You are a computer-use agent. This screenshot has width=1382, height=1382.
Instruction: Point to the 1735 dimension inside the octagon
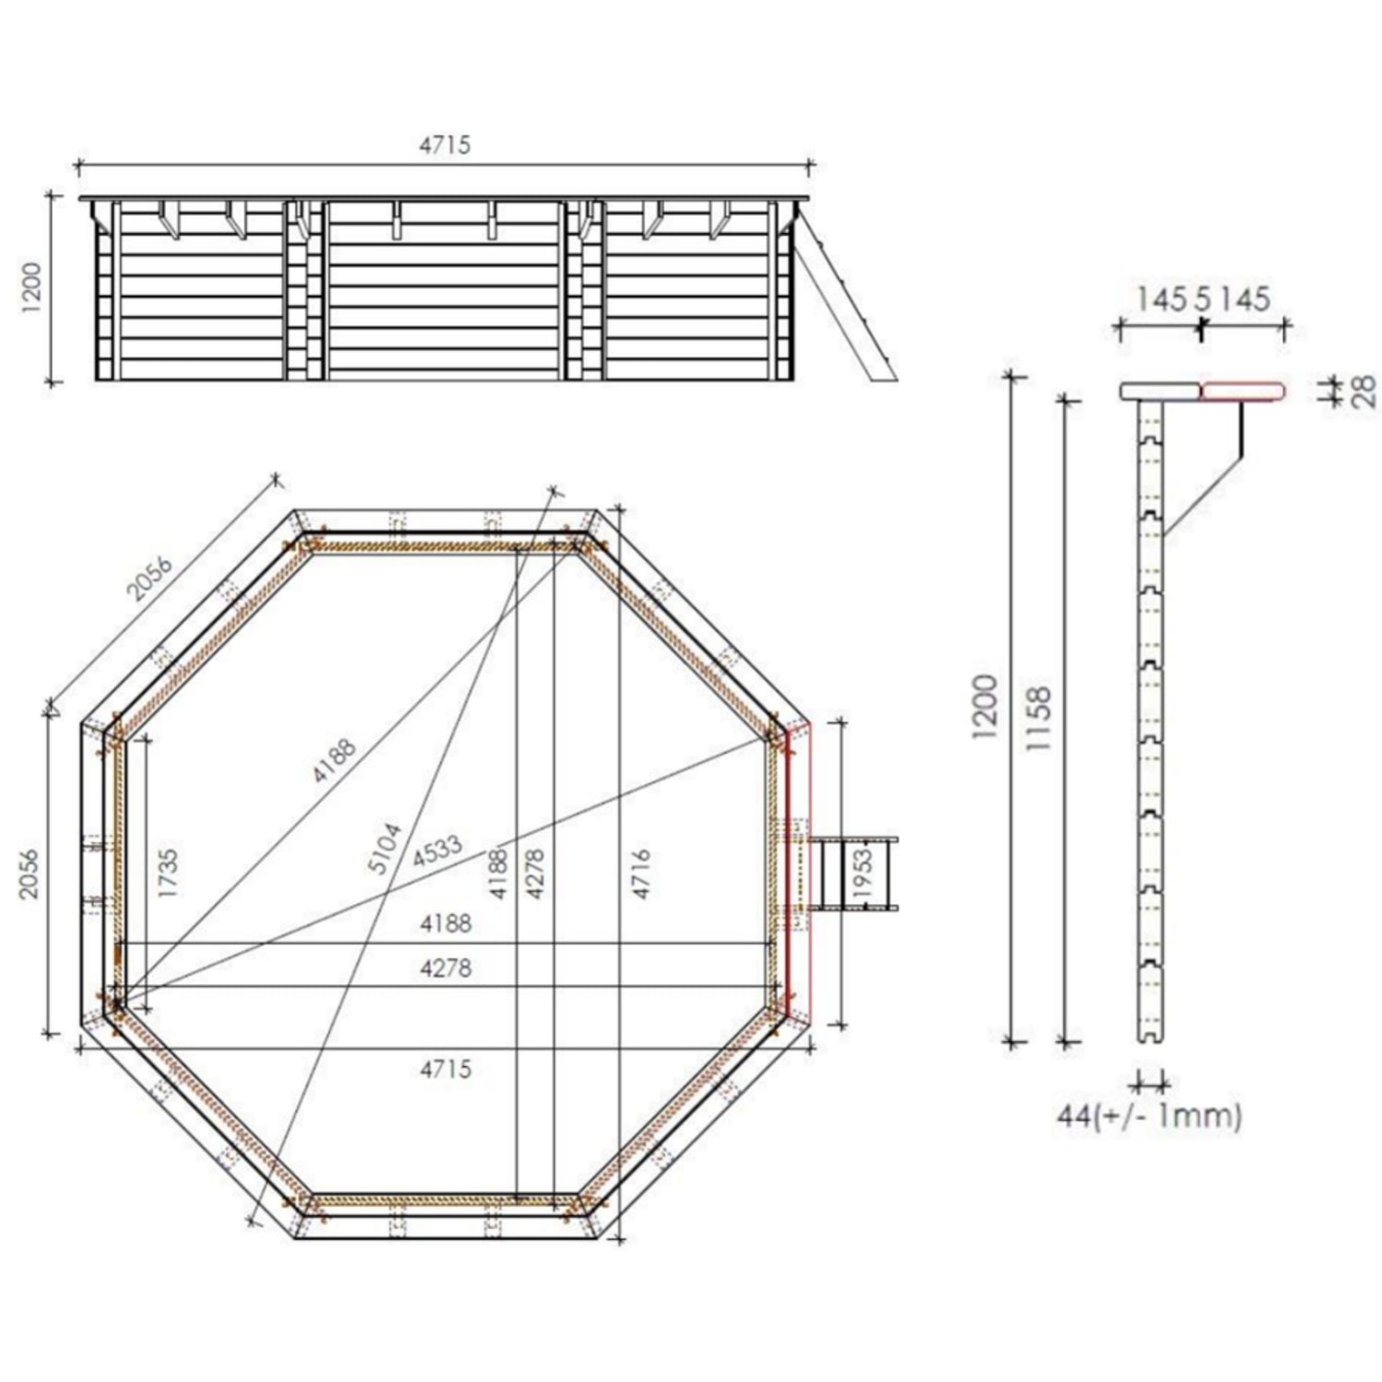tap(167, 873)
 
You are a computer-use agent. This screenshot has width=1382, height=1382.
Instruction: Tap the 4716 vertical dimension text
tap(641, 873)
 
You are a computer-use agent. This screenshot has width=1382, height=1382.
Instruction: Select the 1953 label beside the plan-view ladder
tap(862, 873)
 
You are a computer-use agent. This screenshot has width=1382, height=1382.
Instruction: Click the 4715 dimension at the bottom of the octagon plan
tap(446, 1069)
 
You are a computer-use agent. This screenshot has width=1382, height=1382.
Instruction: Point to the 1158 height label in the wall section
tap(1039, 719)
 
